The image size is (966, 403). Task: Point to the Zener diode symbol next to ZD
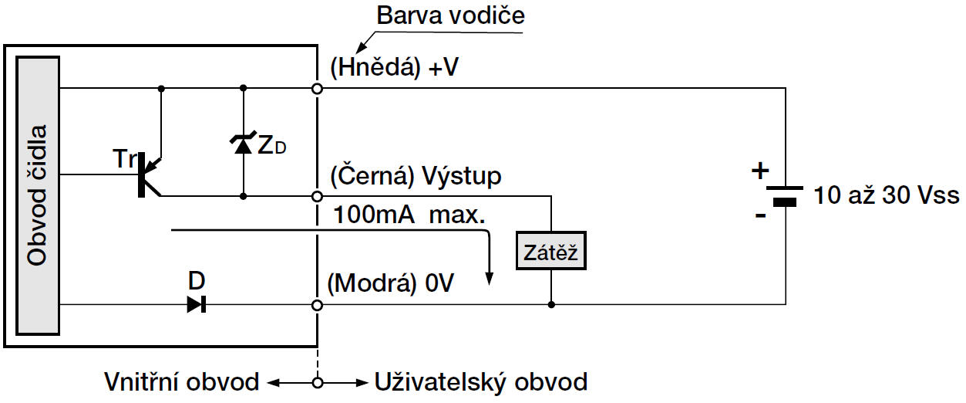click(243, 143)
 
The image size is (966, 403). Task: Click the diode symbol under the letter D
click(197, 305)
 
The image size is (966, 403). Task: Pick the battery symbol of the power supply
click(785, 195)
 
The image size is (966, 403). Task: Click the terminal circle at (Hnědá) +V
click(318, 88)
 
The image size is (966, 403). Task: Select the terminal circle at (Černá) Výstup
click(318, 196)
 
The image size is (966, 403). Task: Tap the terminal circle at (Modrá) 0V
click(318, 305)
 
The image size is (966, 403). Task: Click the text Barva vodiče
click(451, 15)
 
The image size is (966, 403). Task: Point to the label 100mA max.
click(409, 215)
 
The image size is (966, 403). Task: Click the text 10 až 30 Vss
click(886, 195)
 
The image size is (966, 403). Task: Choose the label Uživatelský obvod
click(480, 381)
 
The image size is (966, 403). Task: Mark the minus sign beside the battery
click(761, 216)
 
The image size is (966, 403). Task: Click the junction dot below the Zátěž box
click(551, 305)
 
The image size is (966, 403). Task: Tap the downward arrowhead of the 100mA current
click(488, 278)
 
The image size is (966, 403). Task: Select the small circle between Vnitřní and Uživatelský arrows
click(318, 381)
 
